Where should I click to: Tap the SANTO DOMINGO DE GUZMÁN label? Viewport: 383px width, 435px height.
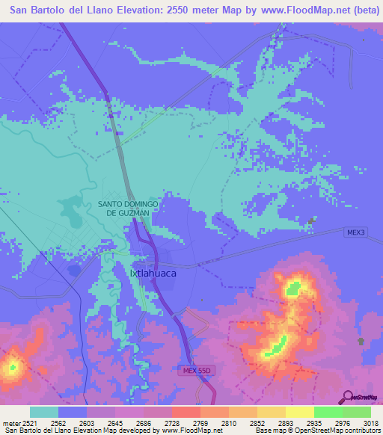coord(127,209)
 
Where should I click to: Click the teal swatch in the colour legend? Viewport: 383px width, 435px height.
coord(44,412)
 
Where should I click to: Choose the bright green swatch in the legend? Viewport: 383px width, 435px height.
coord(328,412)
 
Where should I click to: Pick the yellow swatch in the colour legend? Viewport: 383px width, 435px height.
coord(299,412)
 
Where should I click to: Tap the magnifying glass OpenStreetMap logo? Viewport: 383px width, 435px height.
coord(346,397)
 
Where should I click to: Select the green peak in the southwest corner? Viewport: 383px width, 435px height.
coord(12,367)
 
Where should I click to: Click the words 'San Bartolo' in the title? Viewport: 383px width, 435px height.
coord(39,10)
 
